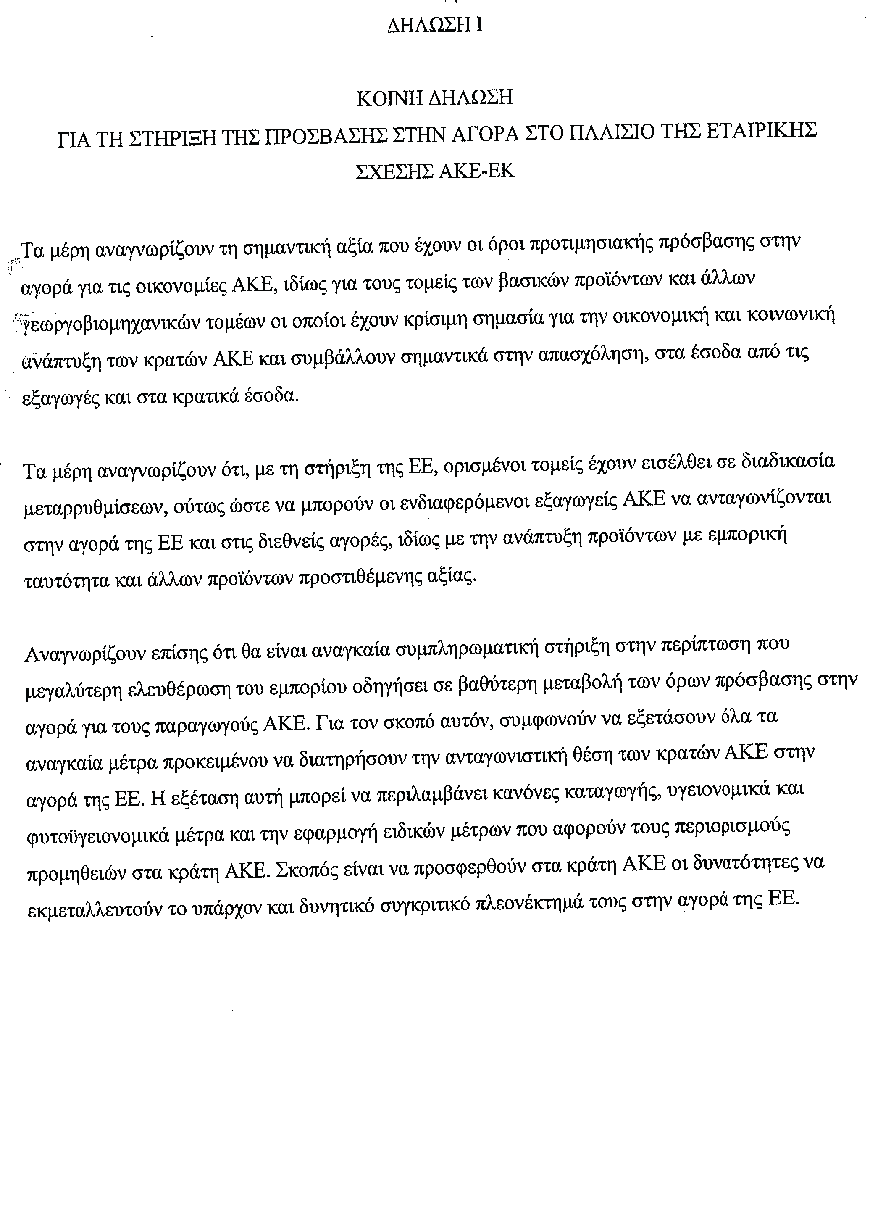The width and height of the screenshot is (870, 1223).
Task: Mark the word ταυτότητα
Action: (66, 581)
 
